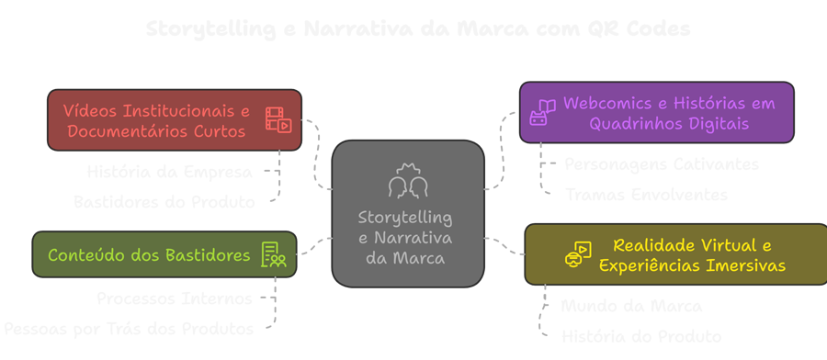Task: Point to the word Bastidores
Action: (204, 254)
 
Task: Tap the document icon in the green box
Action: (274, 254)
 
